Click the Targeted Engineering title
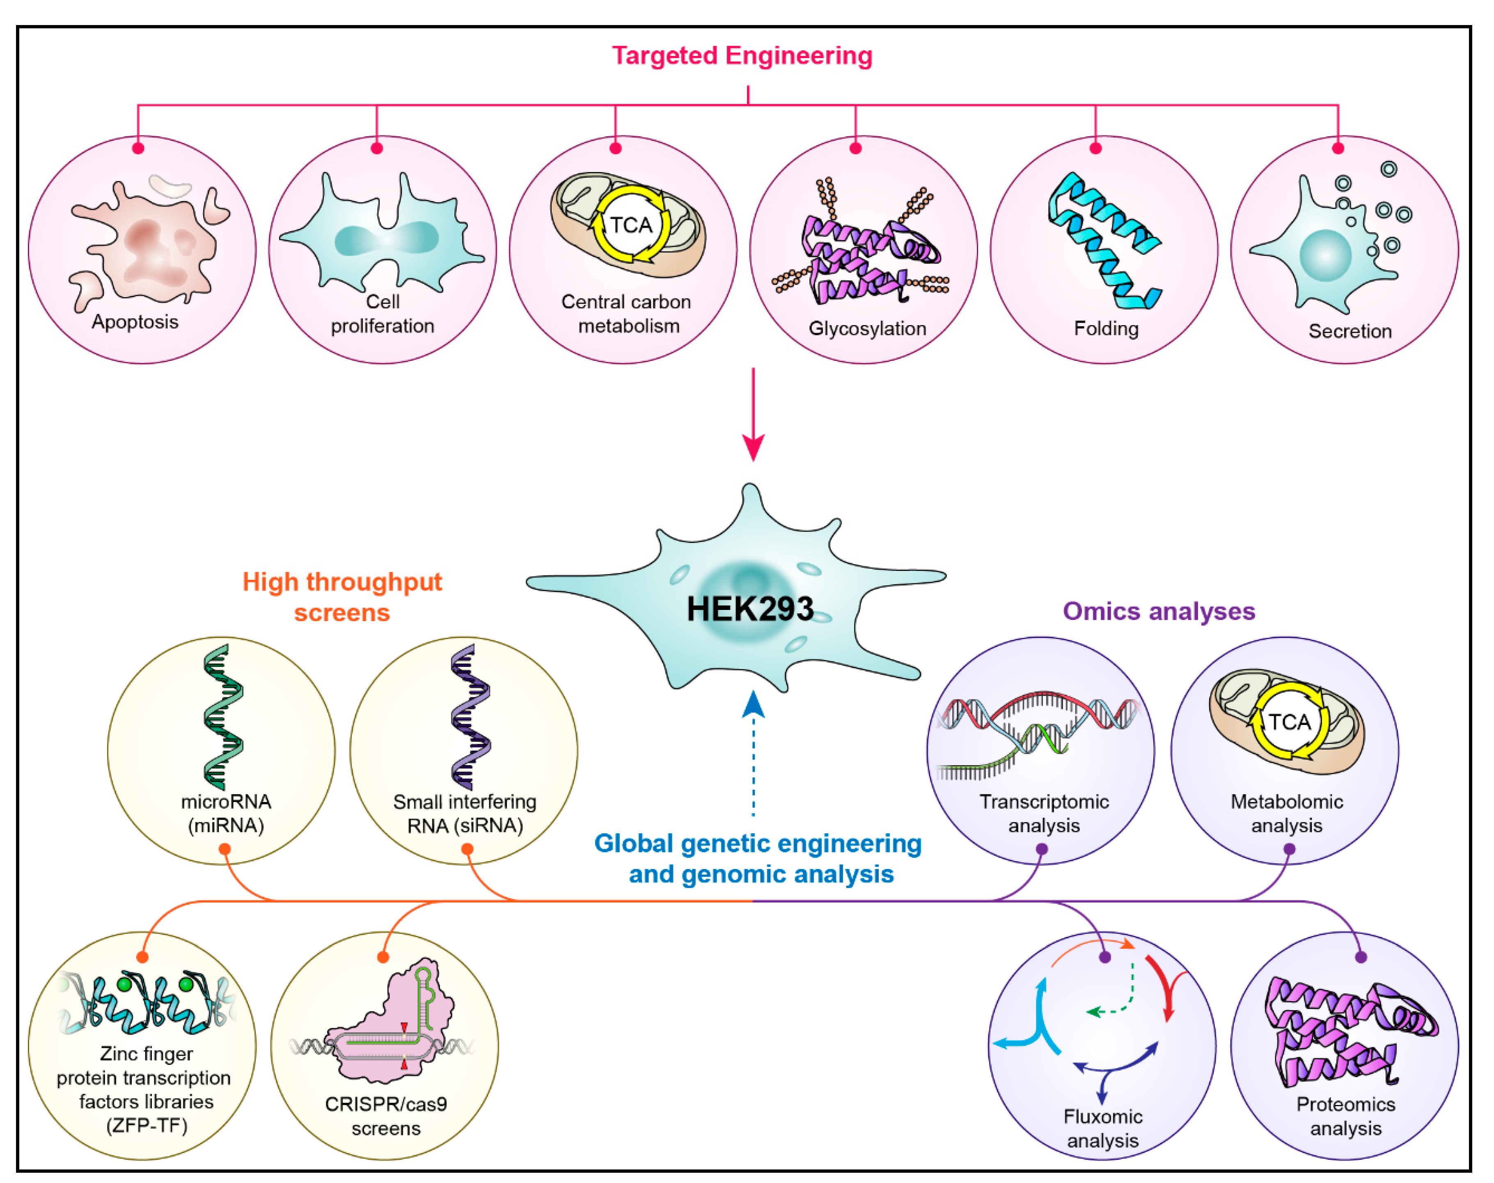741,55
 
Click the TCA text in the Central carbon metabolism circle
630,225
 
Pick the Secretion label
1349,331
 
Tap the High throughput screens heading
342,597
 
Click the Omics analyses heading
1158,611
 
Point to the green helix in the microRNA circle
223,717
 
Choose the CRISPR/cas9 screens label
386,1116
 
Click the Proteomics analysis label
1345,1116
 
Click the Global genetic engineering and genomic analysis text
758,858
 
